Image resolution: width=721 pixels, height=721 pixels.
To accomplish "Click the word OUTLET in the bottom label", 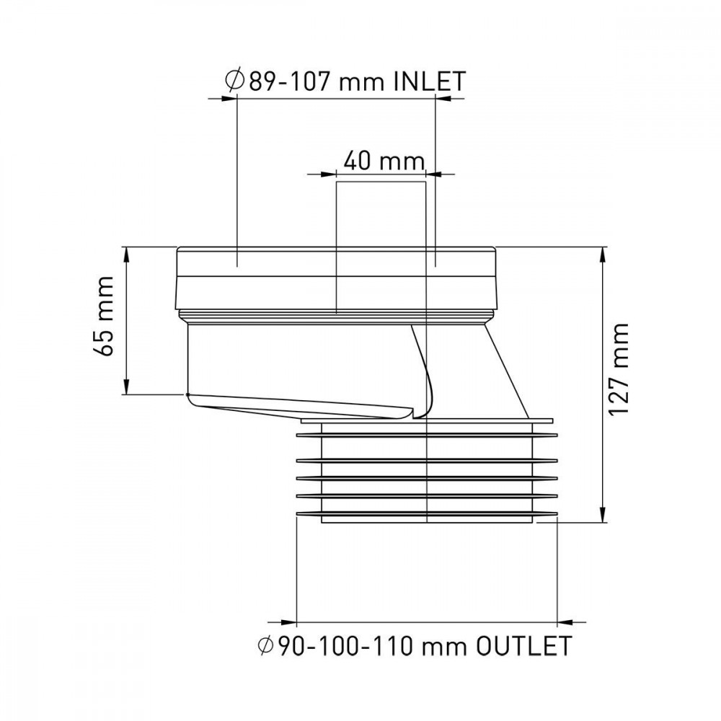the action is (x=524, y=646).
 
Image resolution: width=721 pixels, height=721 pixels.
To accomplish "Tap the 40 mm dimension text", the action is (x=384, y=161).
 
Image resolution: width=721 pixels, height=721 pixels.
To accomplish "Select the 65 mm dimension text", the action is (x=103, y=316).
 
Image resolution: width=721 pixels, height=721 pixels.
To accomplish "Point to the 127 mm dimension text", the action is (x=619, y=369).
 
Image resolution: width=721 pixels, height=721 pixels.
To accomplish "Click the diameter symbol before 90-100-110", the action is (x=266, y=646).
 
